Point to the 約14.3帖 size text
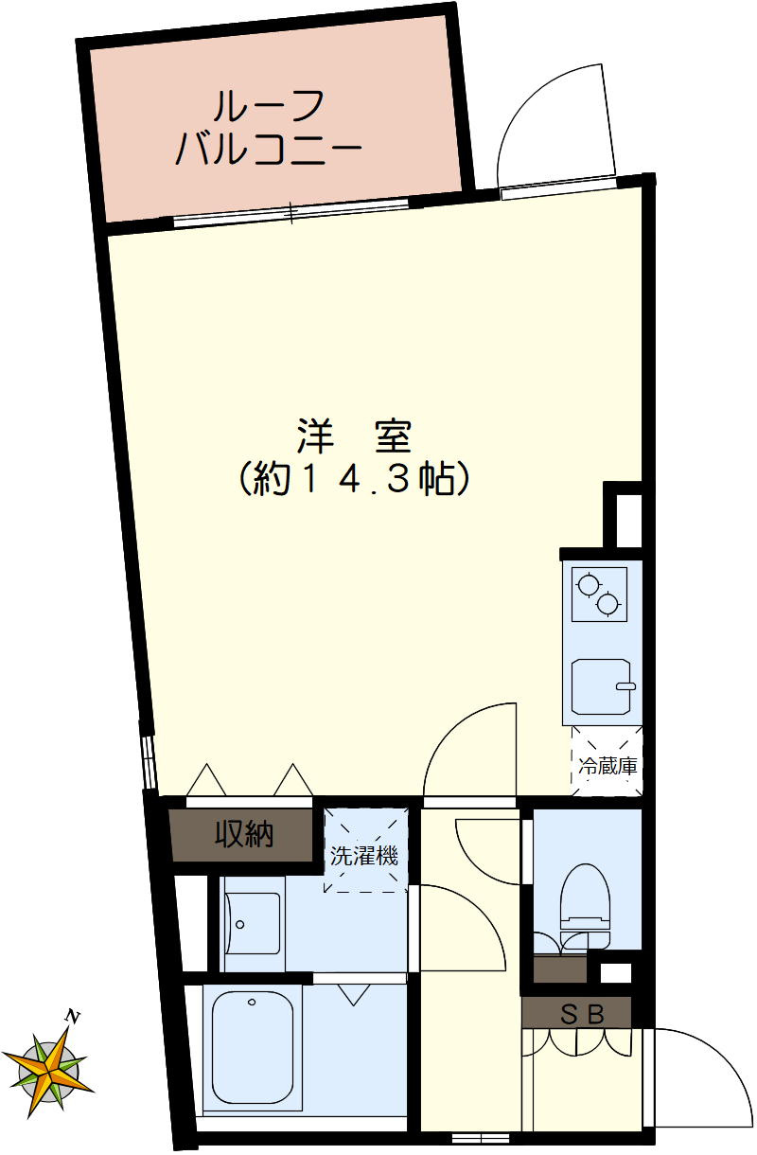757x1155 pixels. tap(352, 480)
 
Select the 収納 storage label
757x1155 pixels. tap(243, 835)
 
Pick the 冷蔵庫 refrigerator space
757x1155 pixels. tap(607, 763)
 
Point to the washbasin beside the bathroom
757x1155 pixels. tap(254, 923)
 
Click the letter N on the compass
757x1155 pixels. tap(72, 1017)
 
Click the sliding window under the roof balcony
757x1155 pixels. tap(291, 213)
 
